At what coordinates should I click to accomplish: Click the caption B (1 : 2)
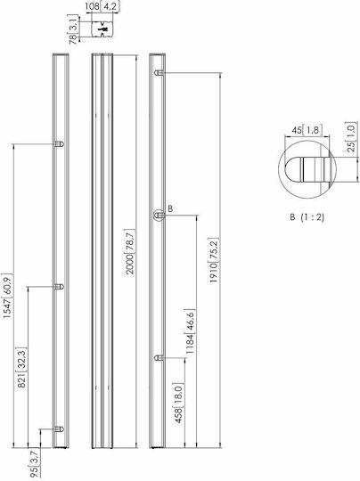tap(307, 217)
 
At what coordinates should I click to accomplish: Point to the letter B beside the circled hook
tap(170, 209)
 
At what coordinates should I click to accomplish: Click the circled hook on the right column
tap(159, 216)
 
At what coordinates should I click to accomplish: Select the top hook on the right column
tap(160, 73)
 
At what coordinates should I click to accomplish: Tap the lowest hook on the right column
tap(160, 358)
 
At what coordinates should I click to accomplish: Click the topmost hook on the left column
tap(59, 144)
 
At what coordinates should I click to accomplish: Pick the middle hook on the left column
tap(59, 287)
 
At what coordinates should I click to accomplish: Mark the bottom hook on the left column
tap(59, 429)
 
